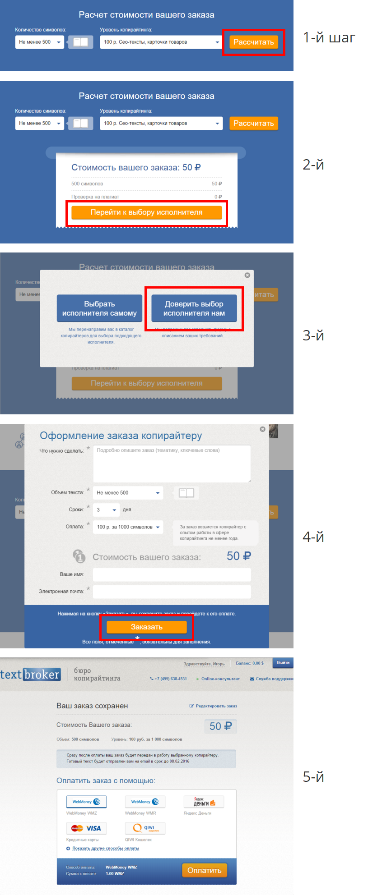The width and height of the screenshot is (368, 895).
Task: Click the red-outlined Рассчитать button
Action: (253, 42)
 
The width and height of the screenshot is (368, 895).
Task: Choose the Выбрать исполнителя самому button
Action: (99, 308)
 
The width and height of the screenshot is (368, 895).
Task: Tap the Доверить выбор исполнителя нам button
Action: (194, 308)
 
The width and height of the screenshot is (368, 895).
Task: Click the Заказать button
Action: (146, 627)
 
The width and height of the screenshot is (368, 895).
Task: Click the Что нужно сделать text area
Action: (172, 464)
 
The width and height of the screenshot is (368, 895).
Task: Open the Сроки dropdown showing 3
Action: (106, 509)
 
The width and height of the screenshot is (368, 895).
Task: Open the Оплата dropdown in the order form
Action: (128, 527)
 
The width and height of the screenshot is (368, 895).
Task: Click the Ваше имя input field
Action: (172, 574)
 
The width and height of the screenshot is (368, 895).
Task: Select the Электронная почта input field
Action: (172, 592)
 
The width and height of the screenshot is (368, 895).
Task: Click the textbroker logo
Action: (30, 675)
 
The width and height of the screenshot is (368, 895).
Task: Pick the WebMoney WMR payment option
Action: (145, 802)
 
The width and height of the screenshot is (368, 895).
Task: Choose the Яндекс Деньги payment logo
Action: (204, 802)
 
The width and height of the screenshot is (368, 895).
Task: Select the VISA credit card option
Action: (86, 828)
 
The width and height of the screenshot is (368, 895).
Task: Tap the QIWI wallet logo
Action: (145, 828)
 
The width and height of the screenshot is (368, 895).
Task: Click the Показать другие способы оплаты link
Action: (106, 849)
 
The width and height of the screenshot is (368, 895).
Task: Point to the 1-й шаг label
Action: (329, 37)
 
